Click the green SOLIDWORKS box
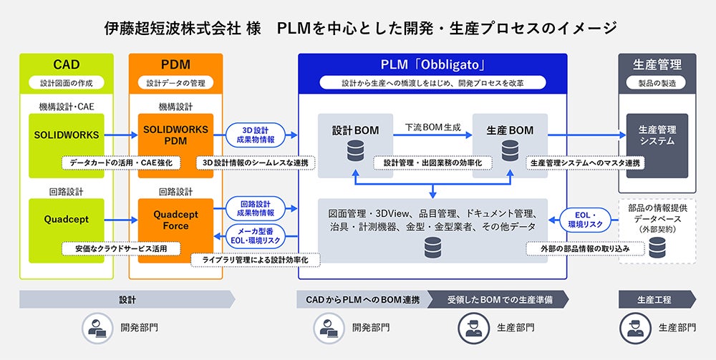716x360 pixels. [61, 134]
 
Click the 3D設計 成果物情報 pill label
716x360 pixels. [256, 134]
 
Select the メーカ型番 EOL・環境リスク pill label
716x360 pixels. [256, 235]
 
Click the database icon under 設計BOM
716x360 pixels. [356, 151]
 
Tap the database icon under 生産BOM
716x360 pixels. [510, 151]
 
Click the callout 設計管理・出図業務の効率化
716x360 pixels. [432, 163]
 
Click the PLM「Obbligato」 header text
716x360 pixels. [433, 65]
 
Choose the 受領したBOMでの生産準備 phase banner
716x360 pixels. [498, 299]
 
